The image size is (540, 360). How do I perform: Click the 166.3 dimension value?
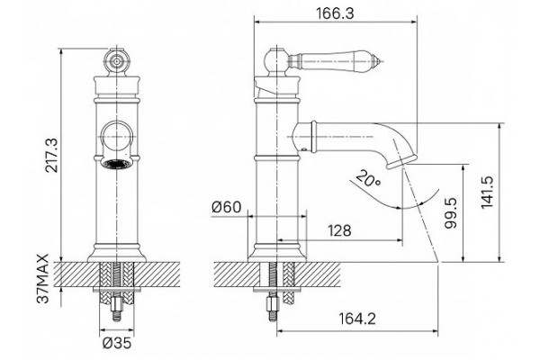(x=335, y=13)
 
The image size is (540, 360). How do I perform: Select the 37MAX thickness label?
(x=44, y=279)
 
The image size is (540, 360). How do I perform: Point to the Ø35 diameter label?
(x=117, y=343)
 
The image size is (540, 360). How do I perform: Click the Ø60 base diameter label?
(x=227, y=207)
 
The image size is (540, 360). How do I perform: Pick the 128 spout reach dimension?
(x=339, y=230)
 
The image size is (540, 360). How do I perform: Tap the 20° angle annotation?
(x=368, y=178)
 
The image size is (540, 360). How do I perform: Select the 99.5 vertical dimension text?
(x=450, y=212)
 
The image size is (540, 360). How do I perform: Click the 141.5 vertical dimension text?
(x=487, y=192)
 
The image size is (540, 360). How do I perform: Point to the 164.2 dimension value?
(x=357, y=319)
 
